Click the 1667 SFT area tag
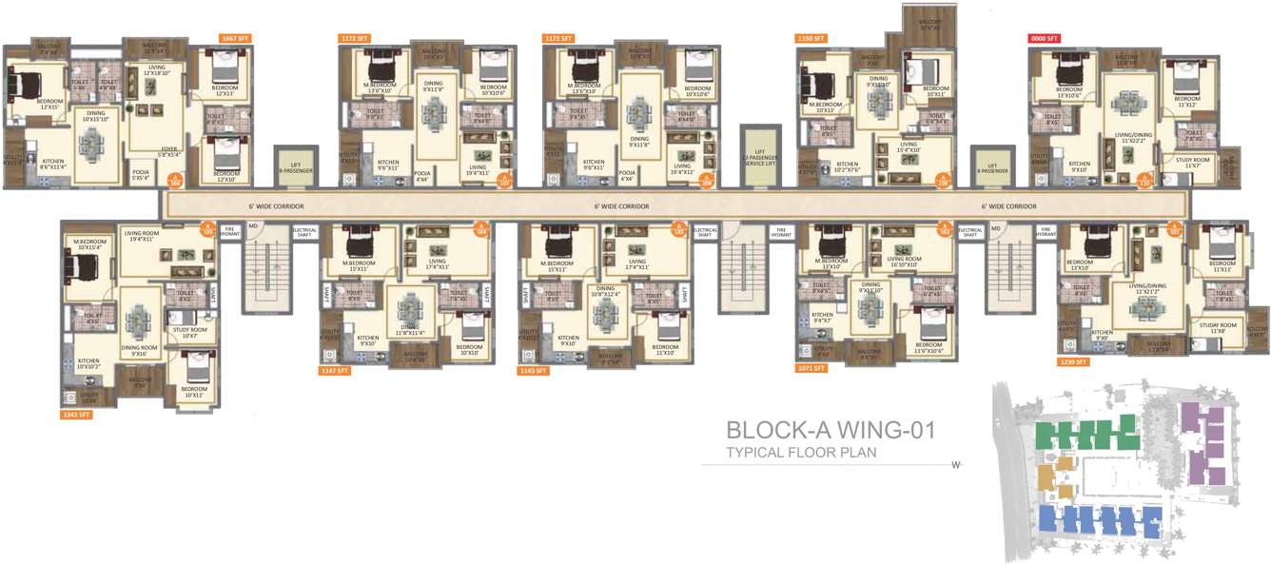click(234, 38)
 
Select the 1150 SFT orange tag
click(810, 39)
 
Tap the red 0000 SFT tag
click(1044, 39)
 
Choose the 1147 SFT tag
click(336, 370)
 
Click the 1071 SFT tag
click(812, 366)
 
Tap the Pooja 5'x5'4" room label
click(141, 173)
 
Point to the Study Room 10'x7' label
click(188, 333)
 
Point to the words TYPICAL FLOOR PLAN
click(801, 453)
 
